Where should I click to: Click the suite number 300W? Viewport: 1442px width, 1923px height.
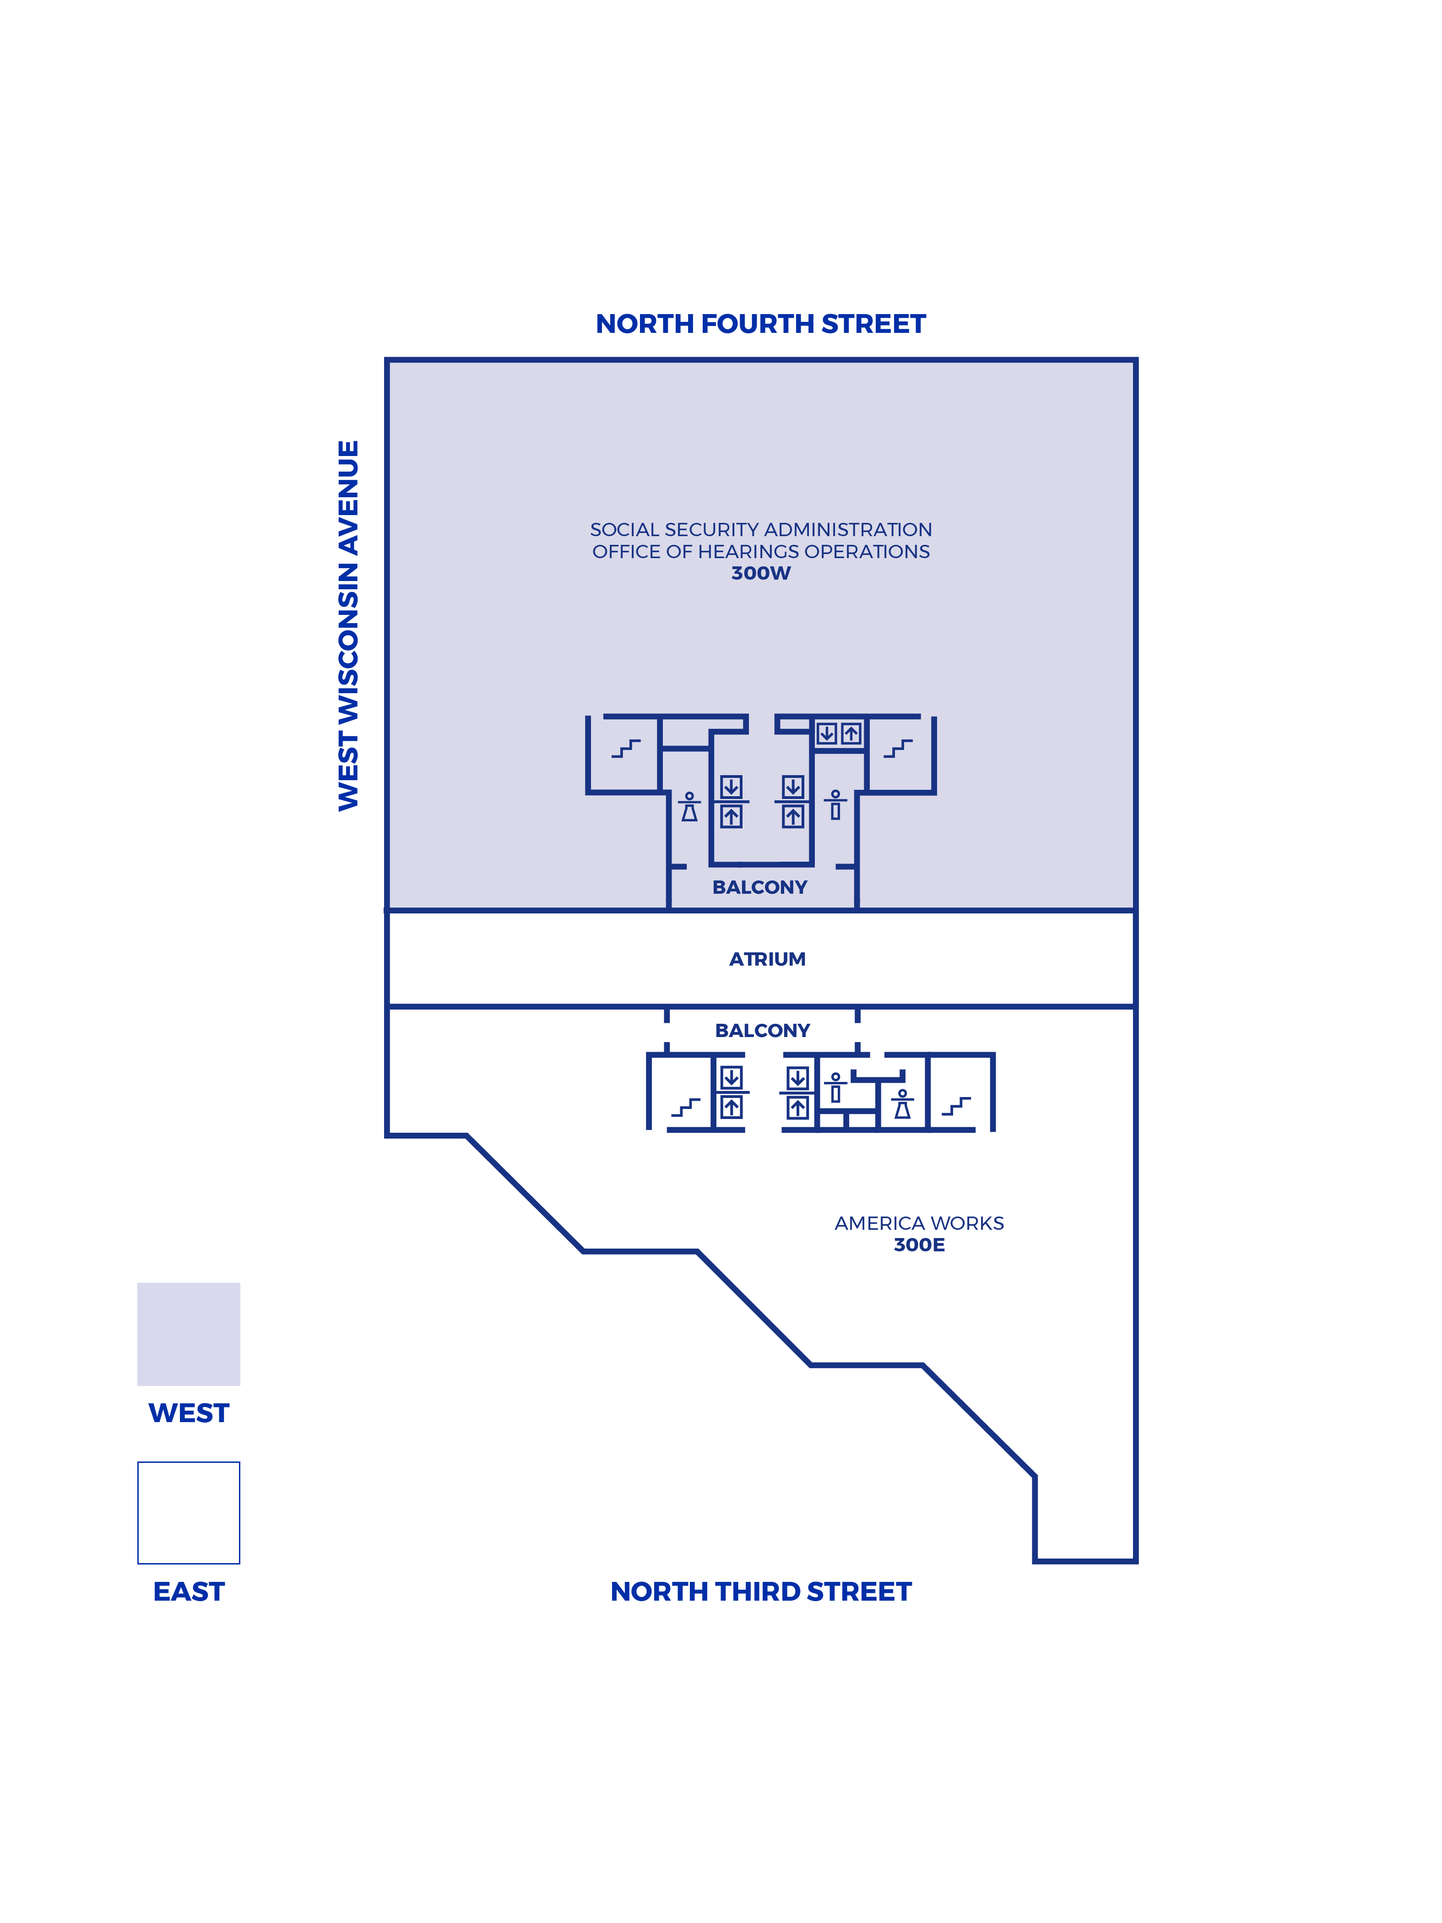(760, 573)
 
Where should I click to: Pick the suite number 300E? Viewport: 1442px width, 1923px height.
(919, 1245)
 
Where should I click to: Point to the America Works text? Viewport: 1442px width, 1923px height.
(919, 1223)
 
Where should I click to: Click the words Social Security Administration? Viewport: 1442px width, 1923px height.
(760, 529)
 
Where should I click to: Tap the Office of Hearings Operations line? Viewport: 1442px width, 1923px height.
(760, 551)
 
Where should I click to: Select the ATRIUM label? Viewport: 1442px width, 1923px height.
(767, 959)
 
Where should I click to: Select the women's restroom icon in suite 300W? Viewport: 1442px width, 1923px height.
(689, 807)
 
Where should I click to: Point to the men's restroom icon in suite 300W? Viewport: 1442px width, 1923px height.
(835, 805)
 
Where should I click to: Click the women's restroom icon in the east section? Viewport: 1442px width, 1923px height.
(902, 1104)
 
